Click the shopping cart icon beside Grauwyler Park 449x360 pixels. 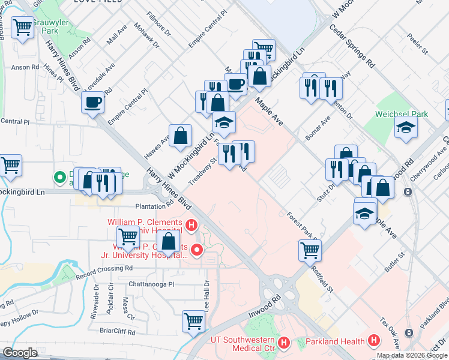(x=22, y=27)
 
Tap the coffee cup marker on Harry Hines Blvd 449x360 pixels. (x=93, y=103)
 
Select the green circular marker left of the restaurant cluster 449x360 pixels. (x=60, y=177)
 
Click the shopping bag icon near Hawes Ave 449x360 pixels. (x=180, y=136)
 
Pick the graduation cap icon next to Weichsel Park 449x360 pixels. (x=406, y=127)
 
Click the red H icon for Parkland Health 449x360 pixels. (x=375, y=341)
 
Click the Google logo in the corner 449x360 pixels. (x=19, y=353)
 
